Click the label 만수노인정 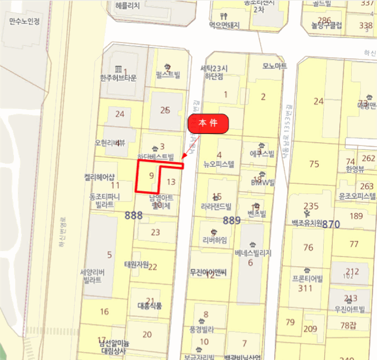click(25, 22)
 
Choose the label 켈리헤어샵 click(100, 177)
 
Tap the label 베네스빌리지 click(253, 253)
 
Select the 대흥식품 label click(149, 306)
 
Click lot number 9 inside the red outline click(151, 175)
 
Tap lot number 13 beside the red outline click(171, 182)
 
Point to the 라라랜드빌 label click(216, 206)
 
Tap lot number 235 click(311, 206)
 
